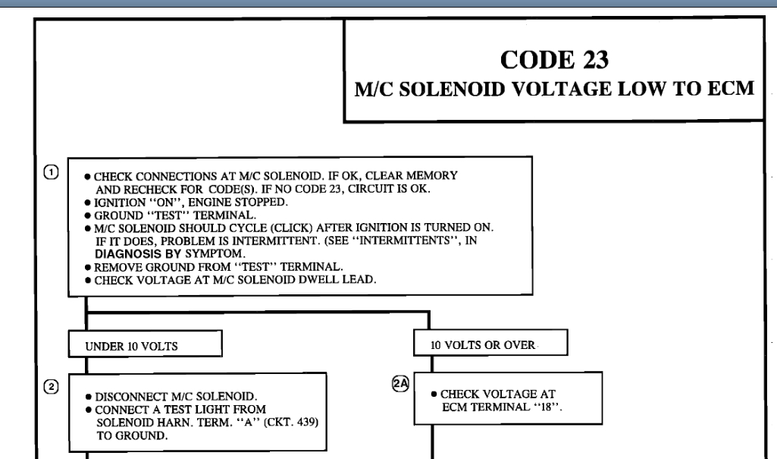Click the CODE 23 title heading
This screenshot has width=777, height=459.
pos(553,58)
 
